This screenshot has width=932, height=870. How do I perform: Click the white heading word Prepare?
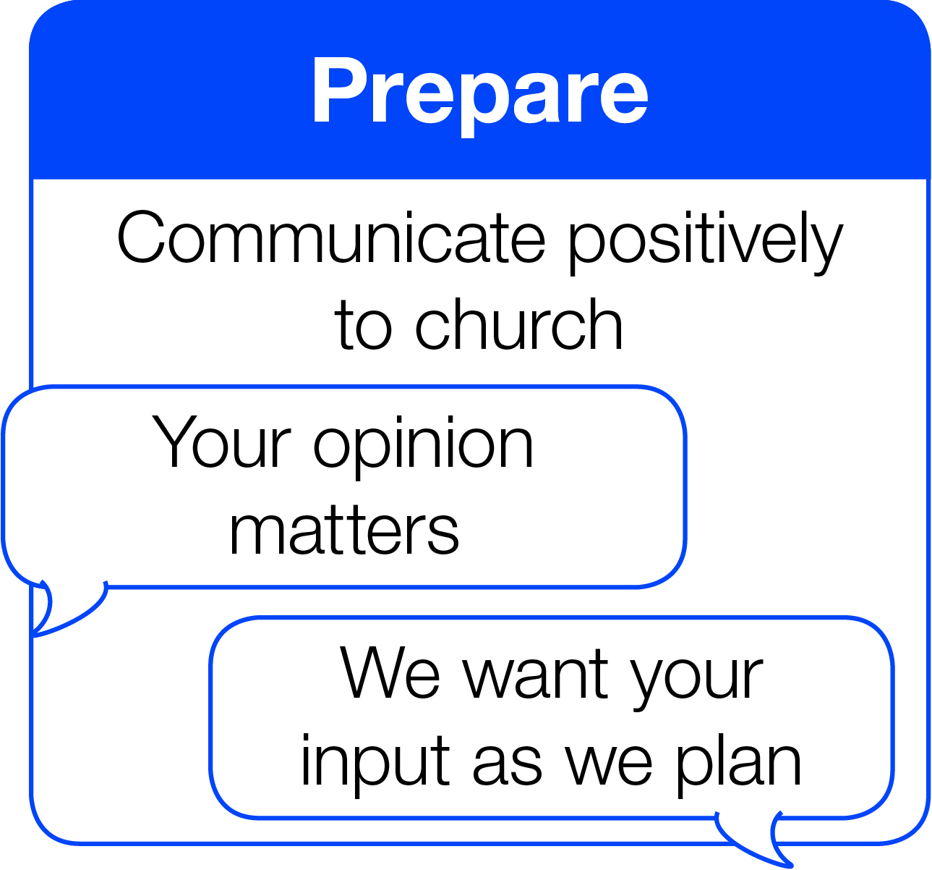[481, 96]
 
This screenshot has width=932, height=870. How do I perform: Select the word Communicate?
[331, 238]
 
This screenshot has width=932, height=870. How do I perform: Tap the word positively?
[706, 242]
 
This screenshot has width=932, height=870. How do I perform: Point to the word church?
[518, 324]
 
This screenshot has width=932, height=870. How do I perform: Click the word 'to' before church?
[363, 326]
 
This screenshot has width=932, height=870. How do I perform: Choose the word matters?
[344, 531]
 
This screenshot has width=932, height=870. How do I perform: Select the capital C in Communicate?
[141, 237]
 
